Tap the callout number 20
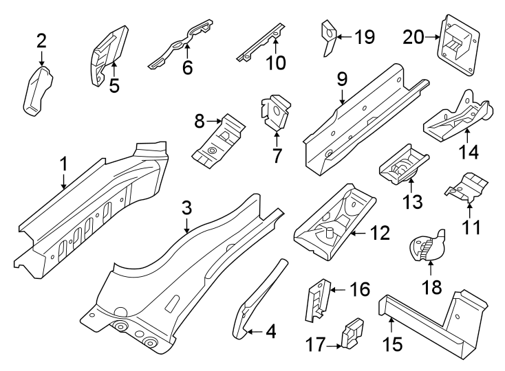pyautogui.click(x=415, y=38)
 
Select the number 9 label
pyautogui.click(x=341, y=80)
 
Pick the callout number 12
pyautogui.click(x=379, y=234)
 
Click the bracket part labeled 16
pyautogui.click(x=316, y=300)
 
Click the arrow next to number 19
pyautogui.click(x=343, y=36)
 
